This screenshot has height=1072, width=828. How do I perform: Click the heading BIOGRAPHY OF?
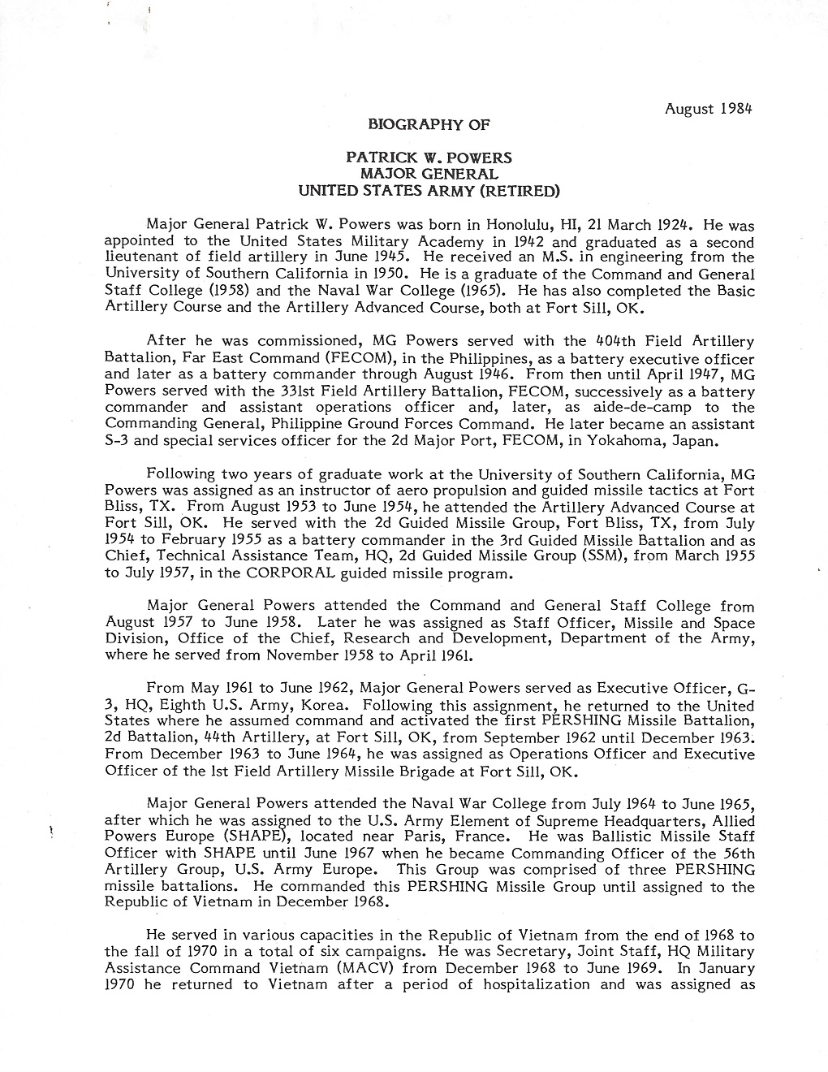tap(429, 124)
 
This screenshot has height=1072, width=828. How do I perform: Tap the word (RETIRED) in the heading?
tap(519, 191)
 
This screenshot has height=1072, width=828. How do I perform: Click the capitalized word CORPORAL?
tap(332, 573)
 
